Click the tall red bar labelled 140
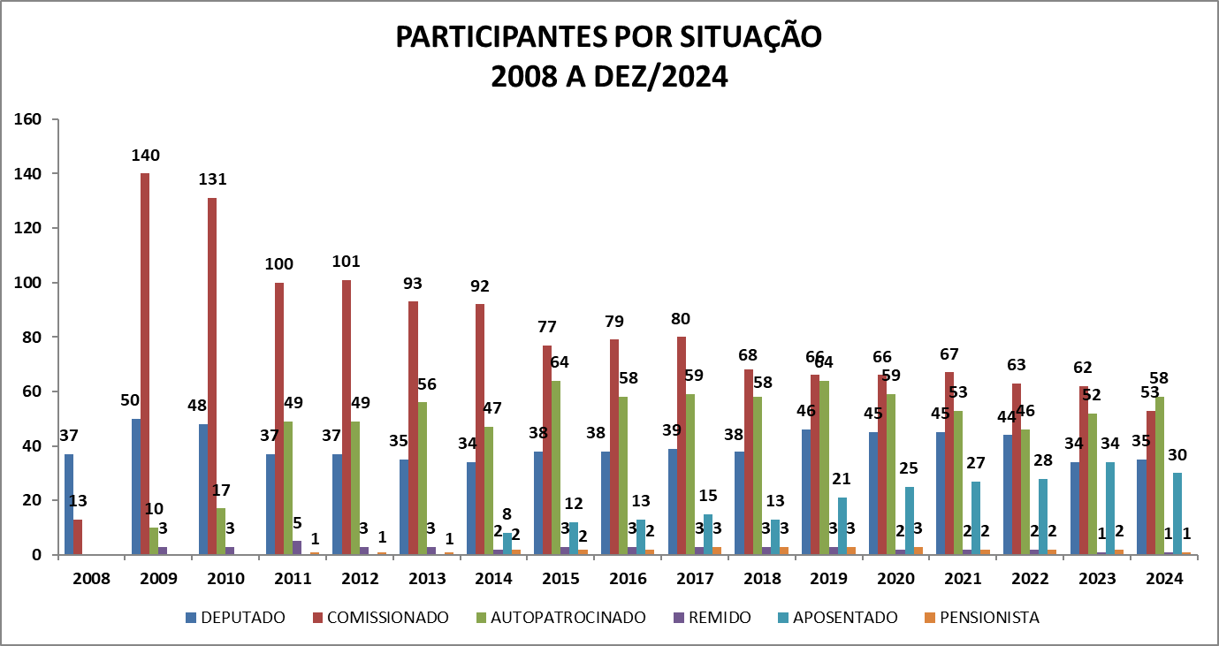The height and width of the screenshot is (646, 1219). tap(145, 363)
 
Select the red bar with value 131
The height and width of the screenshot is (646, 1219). tap(212, 376)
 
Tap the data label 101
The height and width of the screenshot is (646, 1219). tap(346, 262)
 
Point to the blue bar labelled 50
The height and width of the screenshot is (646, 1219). tap(136, 486)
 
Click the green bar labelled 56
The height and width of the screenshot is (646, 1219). tap(422, 478)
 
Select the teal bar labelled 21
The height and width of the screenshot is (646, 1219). tap(842, 526)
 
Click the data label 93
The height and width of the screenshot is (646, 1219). tap(413, 284)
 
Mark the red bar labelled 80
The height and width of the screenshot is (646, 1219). tap(682, 445)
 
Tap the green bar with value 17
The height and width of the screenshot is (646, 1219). tap(221, 531)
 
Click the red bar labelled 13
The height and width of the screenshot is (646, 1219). tap(78, 536)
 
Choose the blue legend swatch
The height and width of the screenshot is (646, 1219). tap(191, 618)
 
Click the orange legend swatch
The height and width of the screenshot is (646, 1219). tap(930, 618)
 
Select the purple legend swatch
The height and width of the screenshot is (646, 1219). tap(679, 618)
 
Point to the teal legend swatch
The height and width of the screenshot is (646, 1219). tap(783, 618)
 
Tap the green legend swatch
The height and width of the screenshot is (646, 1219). tap(482, 618)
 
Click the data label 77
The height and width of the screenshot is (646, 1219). tap(546, 327)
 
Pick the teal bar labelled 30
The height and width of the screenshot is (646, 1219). tap(1177, 513)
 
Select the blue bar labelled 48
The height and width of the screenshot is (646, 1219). tap(203, 489)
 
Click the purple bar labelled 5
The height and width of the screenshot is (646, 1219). tap(297, 547)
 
